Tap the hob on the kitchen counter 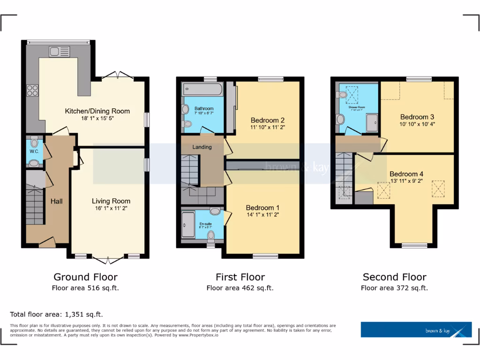(x=33, y=90)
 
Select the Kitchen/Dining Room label (x=97, y=111)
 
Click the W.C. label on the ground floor (x=34, y=151)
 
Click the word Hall (x=57, y=201)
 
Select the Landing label (x=202, y=147)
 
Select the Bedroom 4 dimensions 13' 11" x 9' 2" (x=411, y=181)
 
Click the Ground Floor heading (x=85, y=277)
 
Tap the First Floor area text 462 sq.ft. (x=240, y=288)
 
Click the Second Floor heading (x=394, y=277)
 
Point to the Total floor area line (x=56, y=314)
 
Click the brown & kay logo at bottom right (x=416, y=330)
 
